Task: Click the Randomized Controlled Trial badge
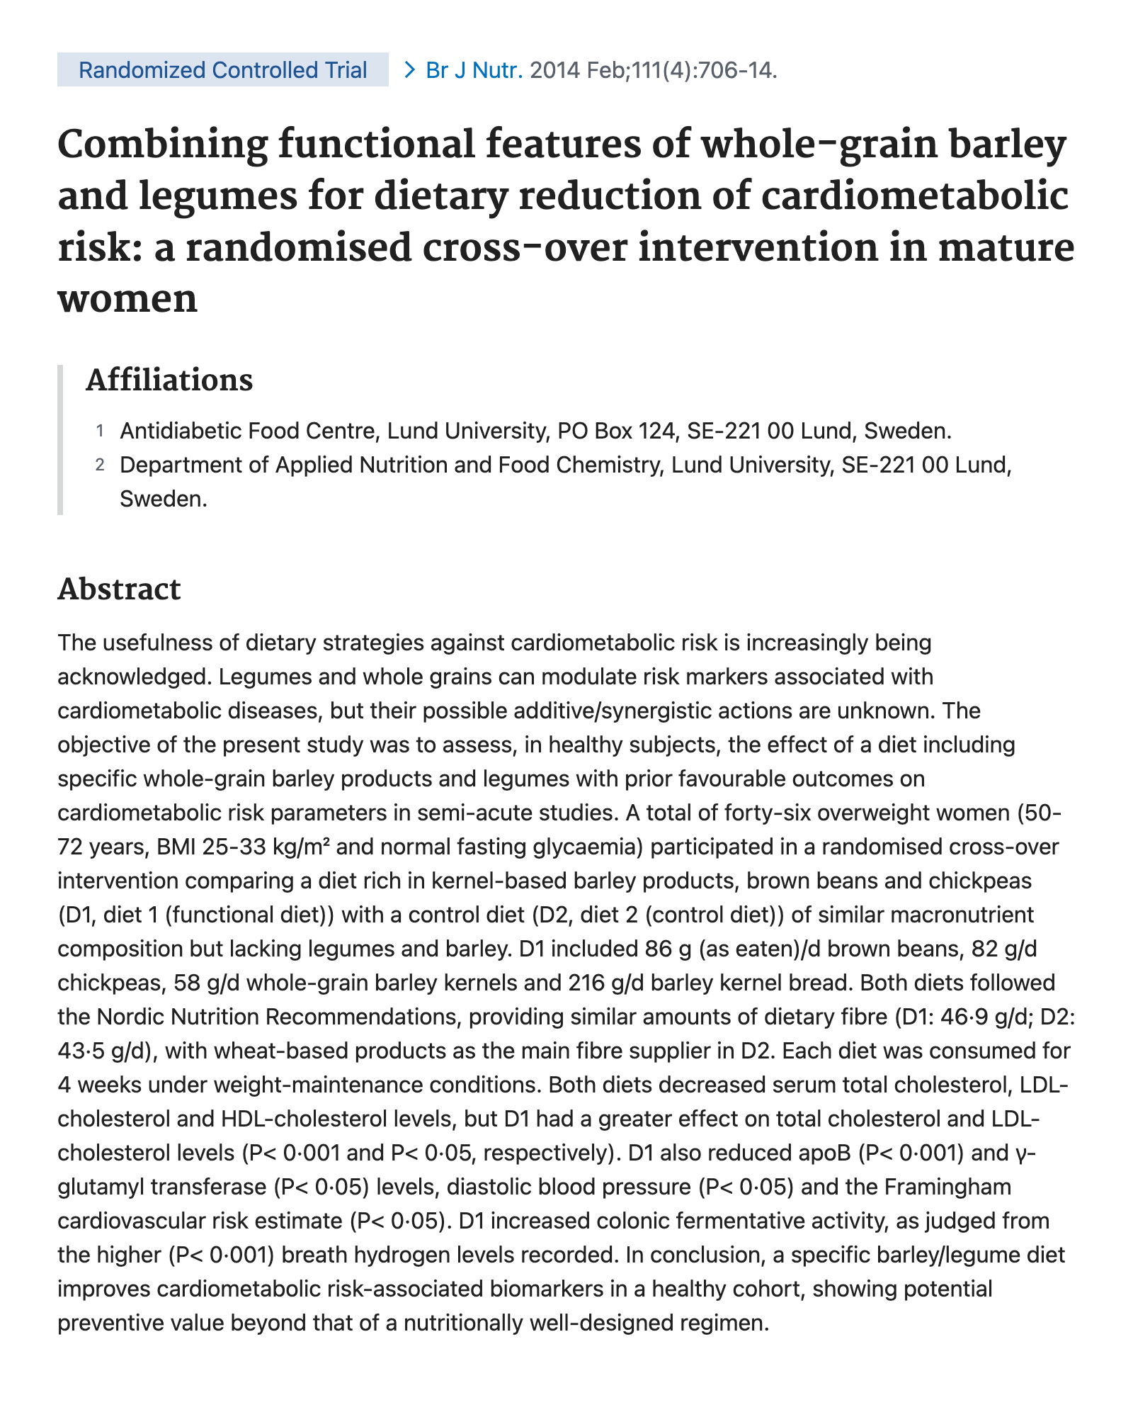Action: [x=222, y=70]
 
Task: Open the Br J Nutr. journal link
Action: [x=474, y=70]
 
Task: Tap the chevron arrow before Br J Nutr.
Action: [x=409, y=70]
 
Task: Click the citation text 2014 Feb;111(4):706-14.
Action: [x=653, y=70]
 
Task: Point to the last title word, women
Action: [x=127, y=298]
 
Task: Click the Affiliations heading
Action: [x=169, y=380]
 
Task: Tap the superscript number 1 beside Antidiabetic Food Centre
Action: [x=100, y=431]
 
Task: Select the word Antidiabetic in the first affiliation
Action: [x=179, y=431]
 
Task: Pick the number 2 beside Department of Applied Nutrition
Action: [x=100, y=465]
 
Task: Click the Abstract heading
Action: [x=119, y=589]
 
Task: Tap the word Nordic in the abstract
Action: [x=128, y=1017]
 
